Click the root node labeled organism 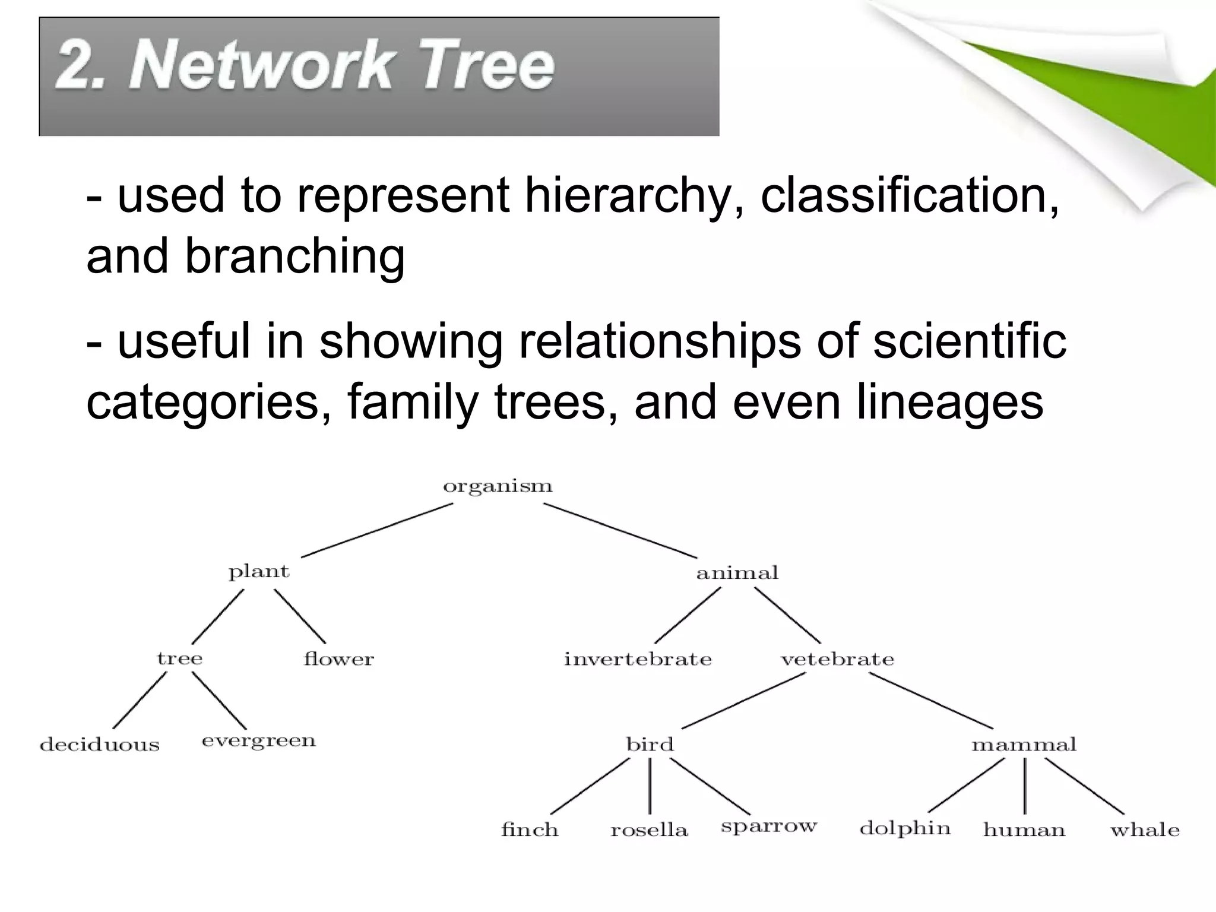tap(498, 487)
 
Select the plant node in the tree tap(259, 572)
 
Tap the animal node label tap(737, 573)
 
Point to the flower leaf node tap(338, 659)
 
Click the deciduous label tap(100, 745)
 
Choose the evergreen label tap(259, 742)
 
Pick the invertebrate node tap(638, 659)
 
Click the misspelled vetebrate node tap(837, 659)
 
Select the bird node tap(650, 745)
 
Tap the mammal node tap(1024, 745)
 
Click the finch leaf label tap(530, 829)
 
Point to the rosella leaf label tap(649, 830)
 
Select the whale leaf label tap(1145, 830)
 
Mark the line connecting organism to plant tap(377, 530)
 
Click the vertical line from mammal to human tap(1025, 786)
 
